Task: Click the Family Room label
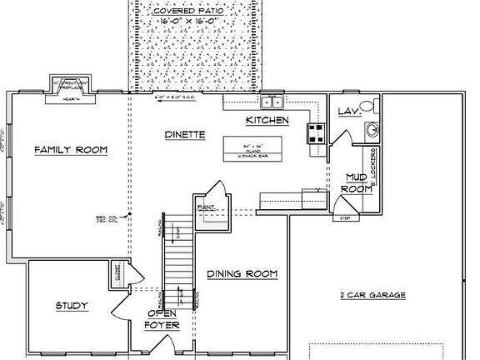pyautogui.click(x=71, y=150)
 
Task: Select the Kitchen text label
pyautogui.click(x=267, y=122)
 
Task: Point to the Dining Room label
pyautogui.click(x=242, y=274)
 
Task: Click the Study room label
pyautogui.click(x=72, y=307)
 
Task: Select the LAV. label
pyautogui.click(x=347, y=111)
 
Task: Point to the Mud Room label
pyautogui.click(x=357, y=182)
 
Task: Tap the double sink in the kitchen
pyautogui.click(x=272, y=102)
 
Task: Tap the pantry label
pyautogui.click(x=205, y=206)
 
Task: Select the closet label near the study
pyautogui.click(x=118, y=271)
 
